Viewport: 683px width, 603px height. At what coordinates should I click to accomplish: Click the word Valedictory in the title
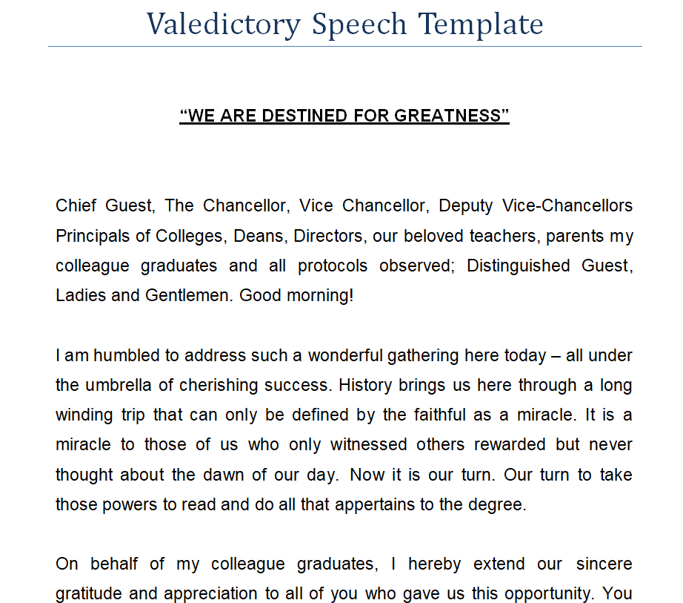[x=223, y=24]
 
